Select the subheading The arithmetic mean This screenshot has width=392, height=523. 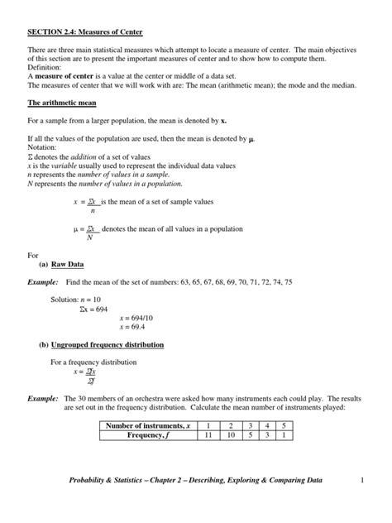pyautogui.click(x=62, y=103)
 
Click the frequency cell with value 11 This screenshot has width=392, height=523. pyautogui.click(x=210, y=436)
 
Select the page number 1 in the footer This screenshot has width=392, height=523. pyautogui.click(x=361, y=481)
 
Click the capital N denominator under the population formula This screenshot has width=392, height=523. pyautogui.click(x=89, y=237)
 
